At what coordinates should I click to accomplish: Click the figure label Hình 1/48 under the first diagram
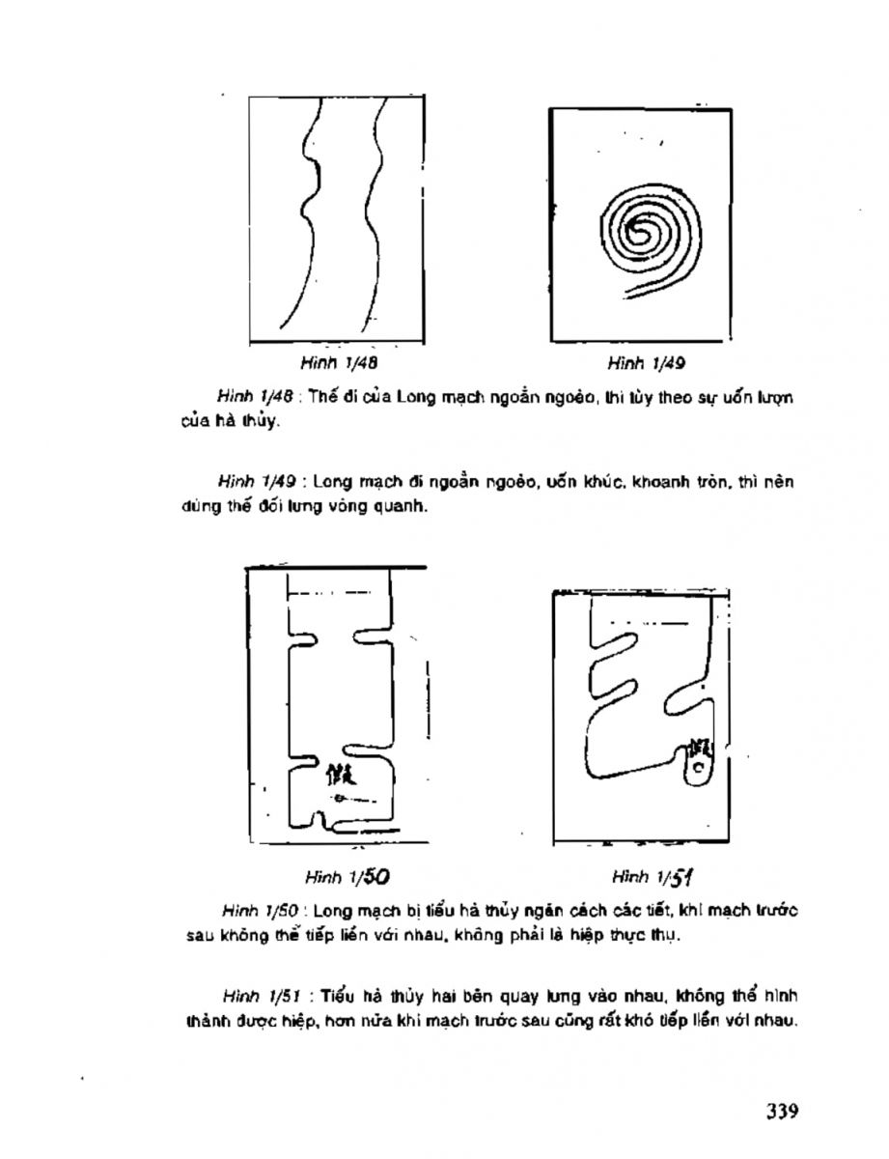325,364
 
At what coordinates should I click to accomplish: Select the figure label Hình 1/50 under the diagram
332,877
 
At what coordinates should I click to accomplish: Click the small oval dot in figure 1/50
340,798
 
